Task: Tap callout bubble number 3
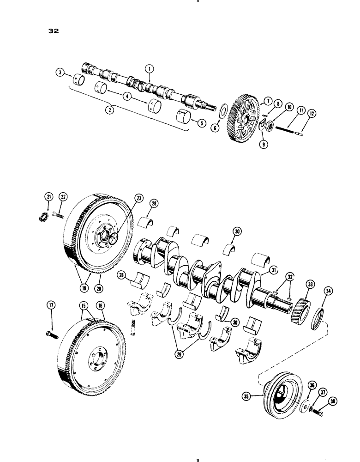pos(60,72)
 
